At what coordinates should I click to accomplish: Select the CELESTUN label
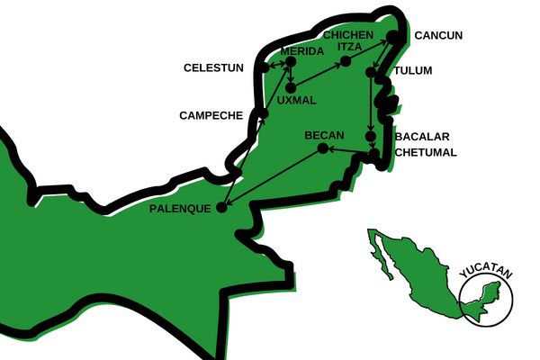(213, 67)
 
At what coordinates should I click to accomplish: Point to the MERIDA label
(301, 51)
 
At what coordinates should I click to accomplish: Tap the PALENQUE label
(181, 208)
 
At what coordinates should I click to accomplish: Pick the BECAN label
(325, 135)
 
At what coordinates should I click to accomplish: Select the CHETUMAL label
(426, 152)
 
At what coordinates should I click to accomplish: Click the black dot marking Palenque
(221, 207)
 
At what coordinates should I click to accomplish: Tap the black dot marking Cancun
(393, 38)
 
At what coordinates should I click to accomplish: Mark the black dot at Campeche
(263, 113)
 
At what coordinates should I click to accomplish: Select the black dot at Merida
(290, 63)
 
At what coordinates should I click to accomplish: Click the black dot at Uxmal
(291, 87)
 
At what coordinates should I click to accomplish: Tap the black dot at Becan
(320, 149)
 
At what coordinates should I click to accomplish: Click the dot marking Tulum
(373, 71)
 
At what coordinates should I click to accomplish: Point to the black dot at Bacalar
(371, 137)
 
